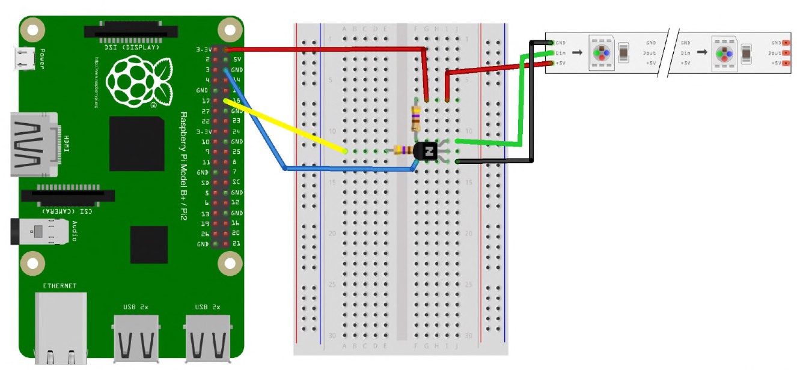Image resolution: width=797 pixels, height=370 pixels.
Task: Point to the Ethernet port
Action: [60, 327]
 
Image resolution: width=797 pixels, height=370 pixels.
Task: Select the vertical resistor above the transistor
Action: [415, 118]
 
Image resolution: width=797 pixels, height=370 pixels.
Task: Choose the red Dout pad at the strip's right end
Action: [786, 53]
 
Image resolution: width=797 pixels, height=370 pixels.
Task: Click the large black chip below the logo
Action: [136, 144]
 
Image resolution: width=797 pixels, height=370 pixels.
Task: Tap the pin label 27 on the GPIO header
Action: [206, 111]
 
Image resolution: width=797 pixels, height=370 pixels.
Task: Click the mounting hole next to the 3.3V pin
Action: [230, 29]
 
